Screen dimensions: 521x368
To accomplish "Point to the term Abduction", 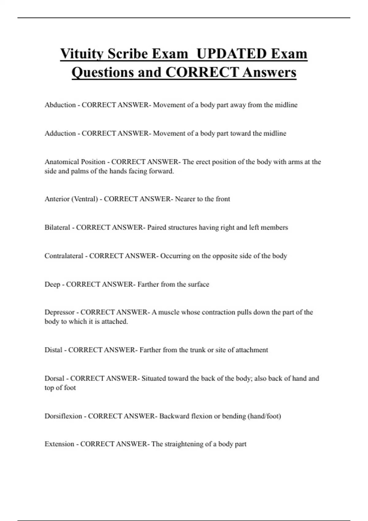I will coord(60,105).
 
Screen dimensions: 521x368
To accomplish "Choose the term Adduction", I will coord(60,133).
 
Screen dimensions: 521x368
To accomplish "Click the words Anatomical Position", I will coord(75,162).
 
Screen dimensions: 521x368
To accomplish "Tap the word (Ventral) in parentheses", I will coord(84,199).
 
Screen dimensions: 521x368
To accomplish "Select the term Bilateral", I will coord(57,227).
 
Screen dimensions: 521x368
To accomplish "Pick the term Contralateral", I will coord(64,256).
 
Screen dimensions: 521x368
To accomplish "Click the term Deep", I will coord(52,284).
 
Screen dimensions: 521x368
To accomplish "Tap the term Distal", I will coord(53,350).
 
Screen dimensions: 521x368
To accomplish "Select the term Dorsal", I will coord(55,378).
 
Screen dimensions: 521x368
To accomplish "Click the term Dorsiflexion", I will coord(63,416).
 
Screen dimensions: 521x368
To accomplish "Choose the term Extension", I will coord(59,444).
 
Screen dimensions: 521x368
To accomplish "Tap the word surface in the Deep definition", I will coord(198,284).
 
